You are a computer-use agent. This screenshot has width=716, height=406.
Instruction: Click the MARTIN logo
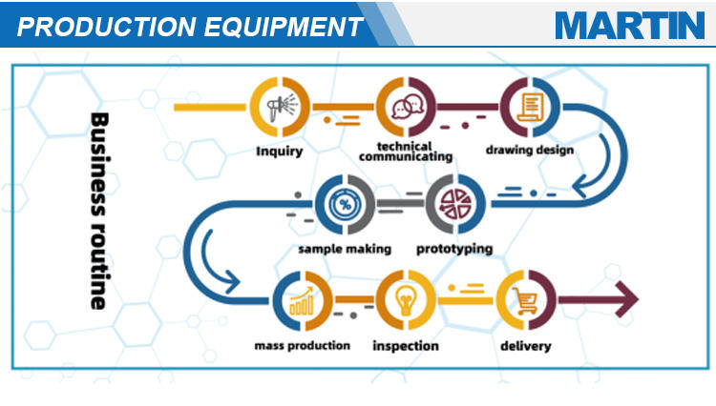coord(629,25)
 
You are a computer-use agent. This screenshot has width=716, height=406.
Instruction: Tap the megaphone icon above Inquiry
coord(279,107)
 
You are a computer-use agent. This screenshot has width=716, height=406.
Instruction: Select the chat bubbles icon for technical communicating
coord(407,107)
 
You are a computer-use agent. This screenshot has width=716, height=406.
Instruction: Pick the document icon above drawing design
coord(529,107)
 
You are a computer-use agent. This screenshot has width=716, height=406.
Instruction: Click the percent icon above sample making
coord(344,204)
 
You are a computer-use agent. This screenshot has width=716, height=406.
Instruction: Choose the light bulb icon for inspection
coord(406,301)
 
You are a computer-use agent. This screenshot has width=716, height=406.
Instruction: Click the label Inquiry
coord(279,151)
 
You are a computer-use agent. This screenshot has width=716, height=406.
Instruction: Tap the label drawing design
coord(529,151)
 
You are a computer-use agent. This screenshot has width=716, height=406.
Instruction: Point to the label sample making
coord(344,249)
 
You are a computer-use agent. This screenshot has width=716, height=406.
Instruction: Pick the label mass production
coord(302,345)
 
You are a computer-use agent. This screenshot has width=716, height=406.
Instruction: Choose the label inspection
coord(406,345)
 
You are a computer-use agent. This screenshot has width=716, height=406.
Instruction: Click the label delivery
coord(526,345)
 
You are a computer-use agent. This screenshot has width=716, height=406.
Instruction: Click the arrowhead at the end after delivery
coord(627,301)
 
